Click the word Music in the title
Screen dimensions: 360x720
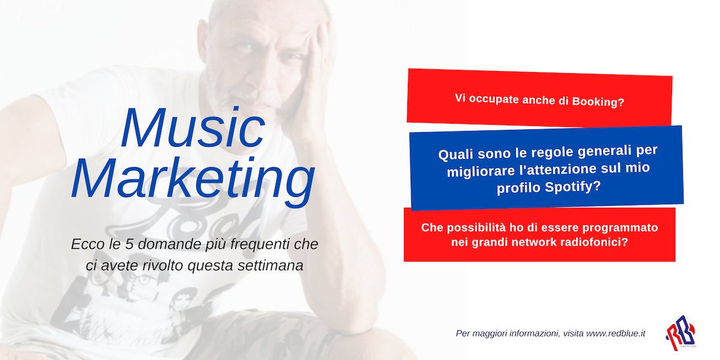click(x=194, y=130)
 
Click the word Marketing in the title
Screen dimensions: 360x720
click(x=194, y=178)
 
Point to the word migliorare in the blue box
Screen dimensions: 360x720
click(x=476, y=171)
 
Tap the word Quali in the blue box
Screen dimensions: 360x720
click(x=455, y=155)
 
